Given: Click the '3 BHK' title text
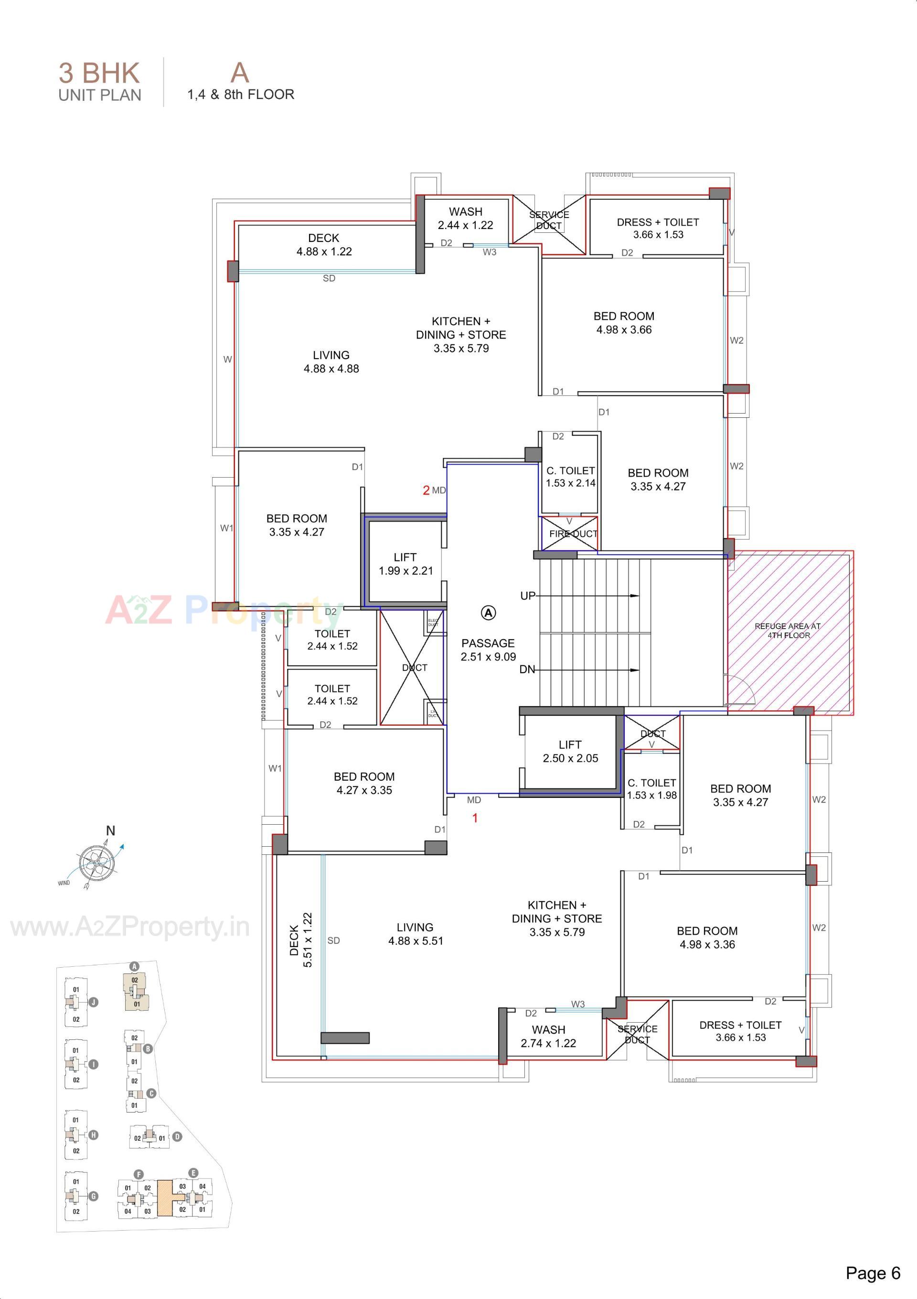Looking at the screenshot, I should (99, 73).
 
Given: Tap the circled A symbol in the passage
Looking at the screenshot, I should (489, 613).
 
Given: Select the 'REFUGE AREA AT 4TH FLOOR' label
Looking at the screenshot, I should (788, 630).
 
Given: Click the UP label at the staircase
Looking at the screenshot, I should (527, 596).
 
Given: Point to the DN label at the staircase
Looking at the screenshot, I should (527, 670).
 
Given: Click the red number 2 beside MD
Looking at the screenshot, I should (427, 491).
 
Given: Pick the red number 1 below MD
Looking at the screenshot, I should (475, 818).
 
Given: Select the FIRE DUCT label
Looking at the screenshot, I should (573, 534).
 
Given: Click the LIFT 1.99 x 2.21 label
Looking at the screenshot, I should (405, 564).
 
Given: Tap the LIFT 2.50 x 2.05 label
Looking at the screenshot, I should (570, 752).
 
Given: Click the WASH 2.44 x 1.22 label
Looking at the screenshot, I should (465, 218).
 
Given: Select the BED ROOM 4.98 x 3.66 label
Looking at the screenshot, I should (624, 323).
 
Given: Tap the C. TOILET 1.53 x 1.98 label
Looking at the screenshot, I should (651, 789).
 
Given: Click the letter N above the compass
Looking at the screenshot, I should (111, 830).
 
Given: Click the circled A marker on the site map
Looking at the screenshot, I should (135, 966).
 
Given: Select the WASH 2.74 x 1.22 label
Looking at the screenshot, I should (548, 1037).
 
